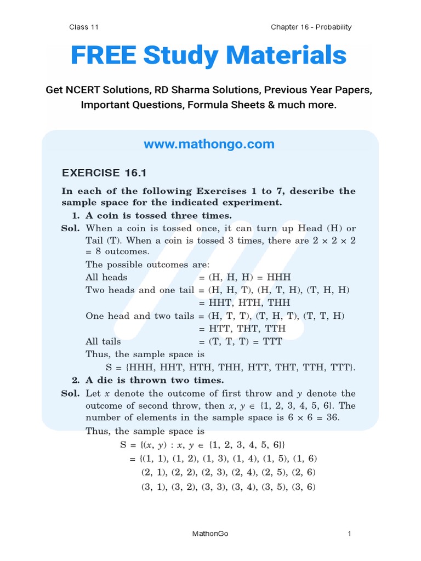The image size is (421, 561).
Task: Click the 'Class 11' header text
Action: click(84, 27)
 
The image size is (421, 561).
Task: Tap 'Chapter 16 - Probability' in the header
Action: click(311, 27)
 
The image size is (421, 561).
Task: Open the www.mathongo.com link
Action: click(209, 144)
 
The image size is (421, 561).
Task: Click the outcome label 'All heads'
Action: click(106, 277)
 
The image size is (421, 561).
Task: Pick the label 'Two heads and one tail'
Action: click(140, 290)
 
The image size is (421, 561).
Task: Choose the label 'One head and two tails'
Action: click(140, 316)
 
